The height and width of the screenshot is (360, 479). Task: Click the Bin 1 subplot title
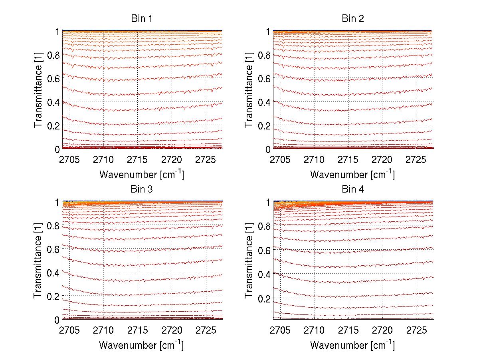142,18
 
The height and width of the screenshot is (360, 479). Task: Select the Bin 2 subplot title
353,18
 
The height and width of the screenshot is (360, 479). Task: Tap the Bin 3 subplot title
142,189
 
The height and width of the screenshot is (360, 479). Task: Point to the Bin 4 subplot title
353,189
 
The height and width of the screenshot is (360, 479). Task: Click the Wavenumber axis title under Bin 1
142,175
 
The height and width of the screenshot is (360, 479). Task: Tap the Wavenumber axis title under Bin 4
353,345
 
